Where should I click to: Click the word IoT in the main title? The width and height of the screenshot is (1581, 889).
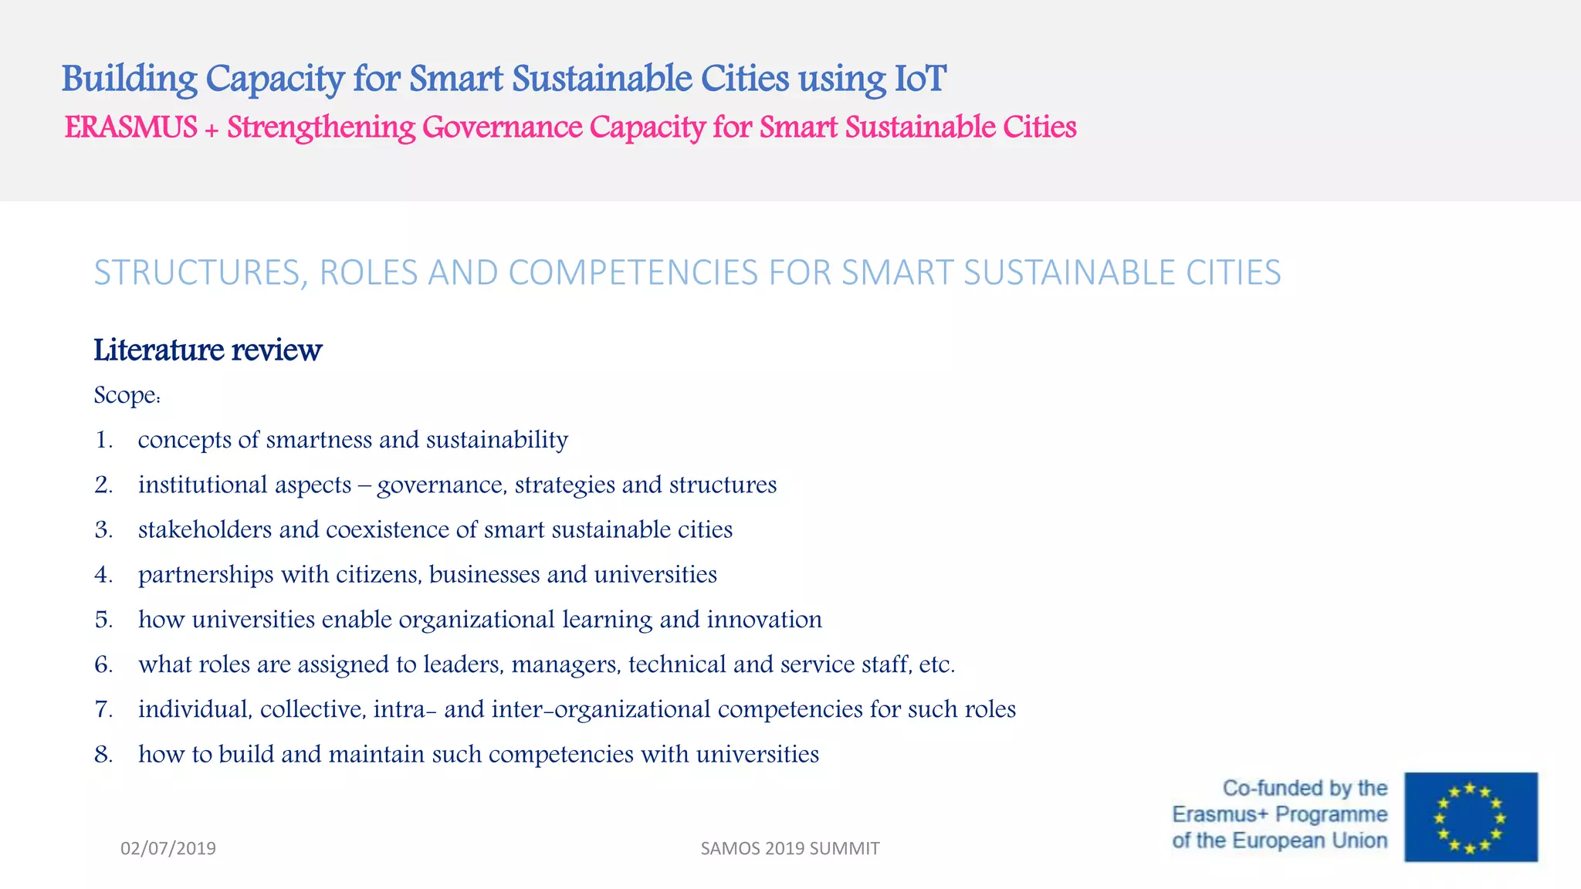[919, 79]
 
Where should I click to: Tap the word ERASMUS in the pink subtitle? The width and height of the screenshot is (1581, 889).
[130, 127]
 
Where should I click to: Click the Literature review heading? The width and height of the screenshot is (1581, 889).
[208, 350]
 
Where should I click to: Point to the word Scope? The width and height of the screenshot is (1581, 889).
[126, 395]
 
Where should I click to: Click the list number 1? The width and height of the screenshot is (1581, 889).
[103, 440]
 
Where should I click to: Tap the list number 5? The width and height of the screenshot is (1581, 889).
[103, 620]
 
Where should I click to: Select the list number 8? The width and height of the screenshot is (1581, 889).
[103, 754]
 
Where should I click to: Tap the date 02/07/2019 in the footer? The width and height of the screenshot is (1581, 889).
[168, 848]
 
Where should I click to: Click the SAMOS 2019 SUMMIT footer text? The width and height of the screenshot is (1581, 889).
[790, 848]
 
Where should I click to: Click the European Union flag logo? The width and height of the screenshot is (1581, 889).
[1471, 816]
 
